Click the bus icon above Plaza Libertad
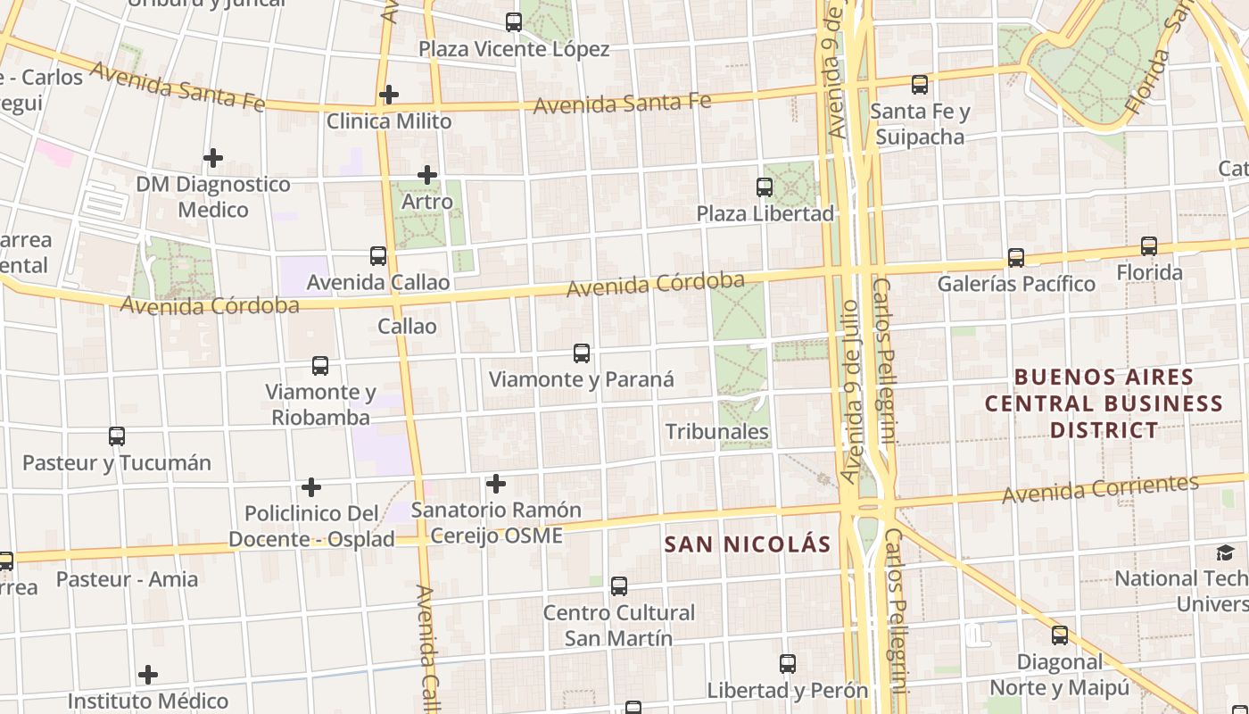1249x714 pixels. [x=765, y=187]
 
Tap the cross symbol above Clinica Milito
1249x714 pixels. [x=389, y=94]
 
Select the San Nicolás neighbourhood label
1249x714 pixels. [x=748, y=544]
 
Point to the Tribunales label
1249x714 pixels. [x=717, y=431]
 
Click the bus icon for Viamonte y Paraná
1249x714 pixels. [x=582, y=353]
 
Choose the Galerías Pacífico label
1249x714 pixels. [x=1016, y=284]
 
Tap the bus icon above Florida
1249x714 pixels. [x=1149, y=245]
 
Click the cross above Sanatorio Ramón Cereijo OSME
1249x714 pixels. [x=496, y=484]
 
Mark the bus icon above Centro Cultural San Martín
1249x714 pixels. [x=619, y=586]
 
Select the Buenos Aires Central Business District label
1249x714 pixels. [x=1104, y=403]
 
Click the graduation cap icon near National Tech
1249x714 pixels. [x=1225, y=553]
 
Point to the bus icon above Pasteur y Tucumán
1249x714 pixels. [x=117, y=436]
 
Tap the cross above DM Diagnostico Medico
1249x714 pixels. [x=213, y=158]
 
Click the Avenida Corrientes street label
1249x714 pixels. [x=1100, y=488]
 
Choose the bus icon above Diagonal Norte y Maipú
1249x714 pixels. [x=1060, y=635]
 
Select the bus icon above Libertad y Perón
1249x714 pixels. [x=788, y=664]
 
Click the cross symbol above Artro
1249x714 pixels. [x=427, y=174]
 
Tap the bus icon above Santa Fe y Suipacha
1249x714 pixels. [x=920, y=85]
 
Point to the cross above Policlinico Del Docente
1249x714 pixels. [x=311, y=487]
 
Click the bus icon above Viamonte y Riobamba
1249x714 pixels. [x=320, y=365]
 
